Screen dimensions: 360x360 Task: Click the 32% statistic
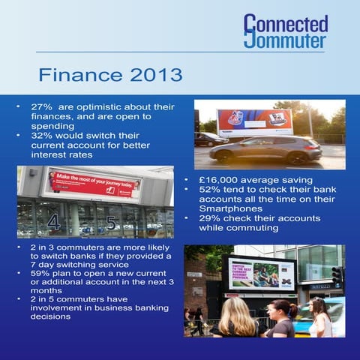click(41, 136)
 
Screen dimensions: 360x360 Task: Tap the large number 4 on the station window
click(53, 222)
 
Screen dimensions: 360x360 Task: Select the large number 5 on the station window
click(111, 223)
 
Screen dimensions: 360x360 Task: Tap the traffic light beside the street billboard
click(337, 274)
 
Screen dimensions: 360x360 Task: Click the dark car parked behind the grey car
click(208, 139)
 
